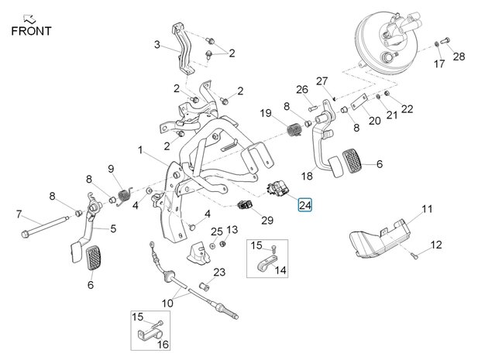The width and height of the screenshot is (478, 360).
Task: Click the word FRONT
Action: tap(32, 31)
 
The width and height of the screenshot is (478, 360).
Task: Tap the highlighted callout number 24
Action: tap(304, 205)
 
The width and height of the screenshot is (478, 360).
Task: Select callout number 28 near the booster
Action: tap(459, 57)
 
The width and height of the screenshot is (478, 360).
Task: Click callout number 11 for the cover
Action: tap(427, 209)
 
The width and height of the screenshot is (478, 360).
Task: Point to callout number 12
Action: tap(435, 245)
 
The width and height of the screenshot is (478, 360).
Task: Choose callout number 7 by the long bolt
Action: tap(19, 214)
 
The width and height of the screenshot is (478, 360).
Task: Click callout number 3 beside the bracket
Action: tap(158, 45)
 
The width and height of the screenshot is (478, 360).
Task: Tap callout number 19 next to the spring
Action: tap(265, 114)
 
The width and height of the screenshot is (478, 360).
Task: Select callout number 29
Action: tap(267, 221)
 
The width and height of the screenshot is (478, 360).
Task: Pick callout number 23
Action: tap(219, 272)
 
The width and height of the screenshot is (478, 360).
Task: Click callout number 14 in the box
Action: tap(280, 270)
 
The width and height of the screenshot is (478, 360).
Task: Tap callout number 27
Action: tap(322, 81)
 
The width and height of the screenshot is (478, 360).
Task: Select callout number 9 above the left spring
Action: tap(110, 170)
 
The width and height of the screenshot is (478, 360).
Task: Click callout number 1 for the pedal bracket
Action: tap(140, 149)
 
